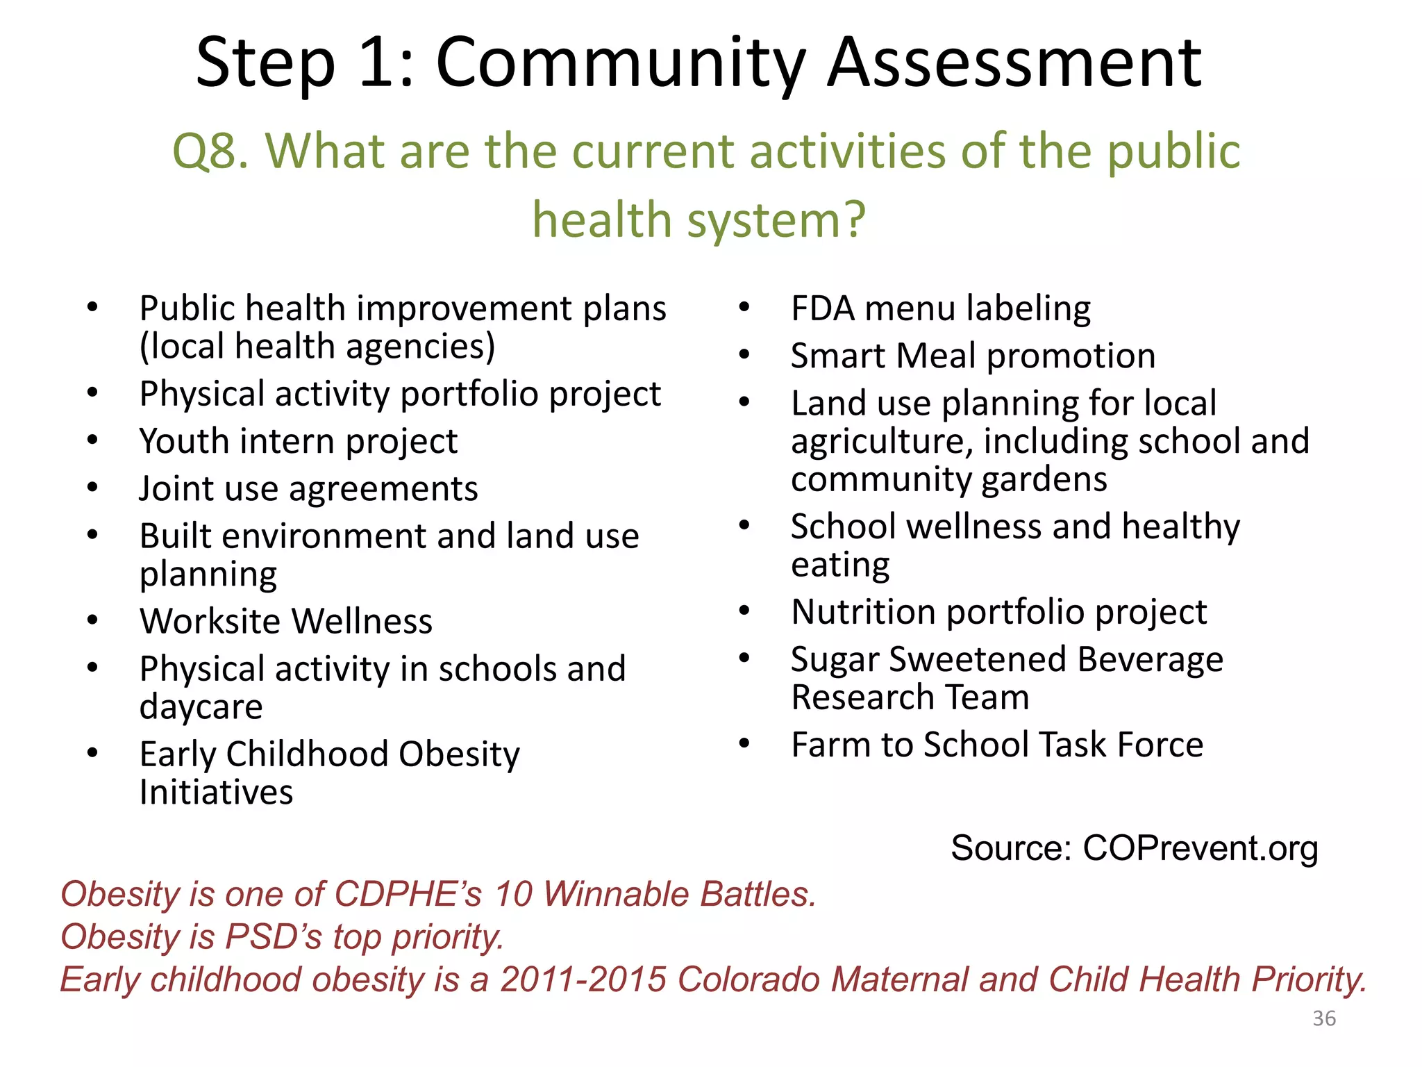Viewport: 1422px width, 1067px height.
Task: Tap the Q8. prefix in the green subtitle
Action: (x=210, y=151)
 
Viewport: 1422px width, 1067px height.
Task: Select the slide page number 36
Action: (x=1324, y=1018)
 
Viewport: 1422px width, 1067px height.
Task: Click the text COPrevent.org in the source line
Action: (x=1200, y=848)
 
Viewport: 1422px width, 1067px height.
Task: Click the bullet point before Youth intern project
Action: (x=92, y=440)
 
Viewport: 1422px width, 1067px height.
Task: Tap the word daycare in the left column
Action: (x=201, y=707)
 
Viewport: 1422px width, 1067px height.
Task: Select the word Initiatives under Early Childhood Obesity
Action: (x=216, y=793)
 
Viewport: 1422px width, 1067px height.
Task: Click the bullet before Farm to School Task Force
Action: (x=744, y=744)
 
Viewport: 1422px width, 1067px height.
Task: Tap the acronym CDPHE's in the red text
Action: (x=408, y=894)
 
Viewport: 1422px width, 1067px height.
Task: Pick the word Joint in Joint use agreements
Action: (x=174, y=488)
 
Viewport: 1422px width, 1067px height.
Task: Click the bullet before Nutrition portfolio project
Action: (x=744, y=611)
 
